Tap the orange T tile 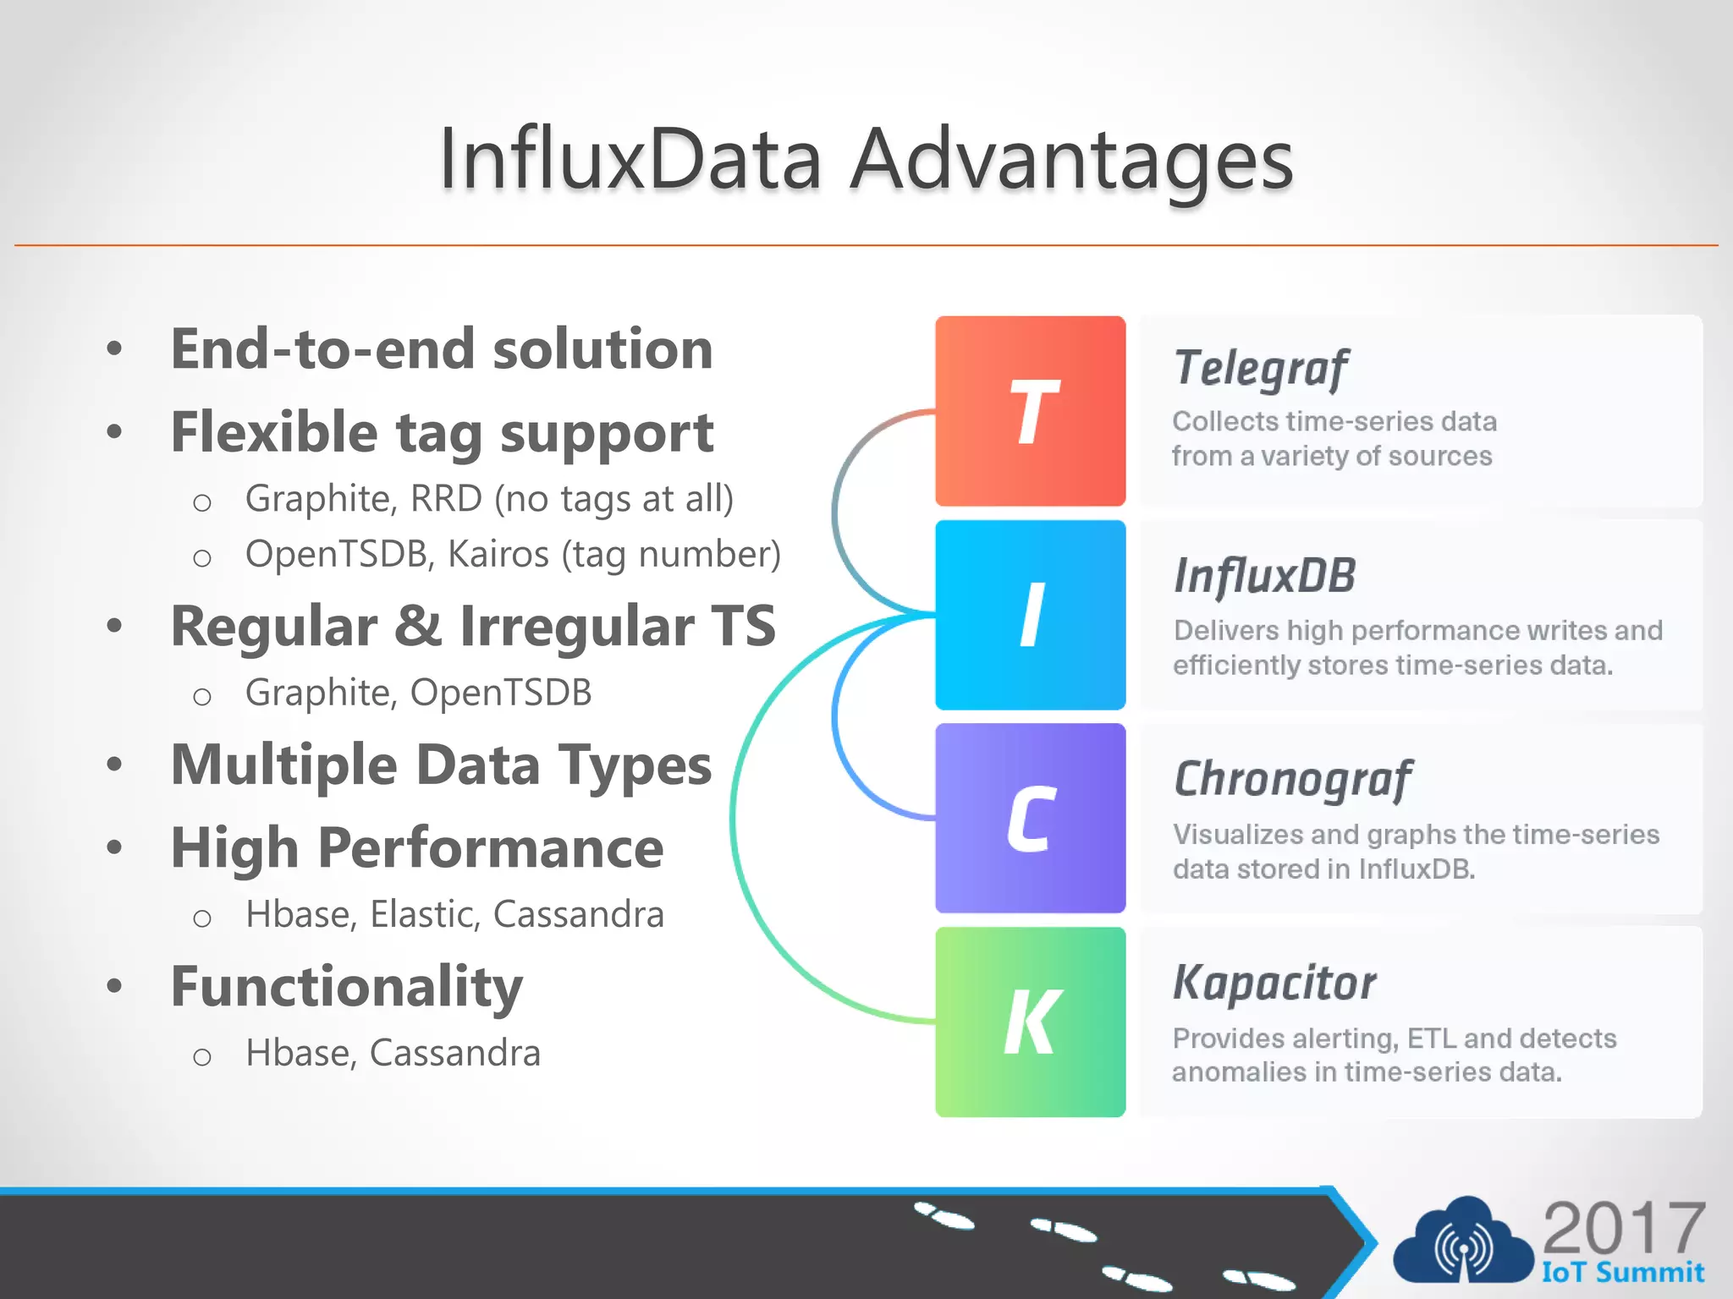1030,411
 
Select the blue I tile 1030,615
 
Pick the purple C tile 1030,818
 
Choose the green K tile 1030,1022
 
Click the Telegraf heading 1260,369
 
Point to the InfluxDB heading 1264,576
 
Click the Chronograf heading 1292,779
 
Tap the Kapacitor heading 1274,984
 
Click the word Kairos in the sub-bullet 498,555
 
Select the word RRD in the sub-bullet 446,499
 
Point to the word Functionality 347,986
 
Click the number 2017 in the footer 1623,1228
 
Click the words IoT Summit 1622,1272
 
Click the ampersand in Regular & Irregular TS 418,627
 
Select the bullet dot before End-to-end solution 114,348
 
